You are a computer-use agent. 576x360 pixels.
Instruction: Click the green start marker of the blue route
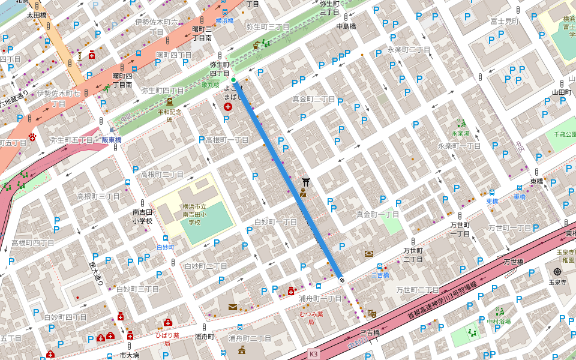click(233, 80)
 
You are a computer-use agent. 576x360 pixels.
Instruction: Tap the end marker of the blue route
click(341, 280)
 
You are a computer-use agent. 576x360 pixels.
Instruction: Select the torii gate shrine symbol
click(306, 181)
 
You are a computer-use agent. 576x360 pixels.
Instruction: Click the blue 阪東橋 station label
click(112, 140)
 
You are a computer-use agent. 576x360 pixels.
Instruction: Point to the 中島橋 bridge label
click(346, 26)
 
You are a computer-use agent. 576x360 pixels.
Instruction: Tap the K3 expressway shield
click(313, 354)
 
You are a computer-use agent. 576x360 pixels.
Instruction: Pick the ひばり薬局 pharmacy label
click(167, 339)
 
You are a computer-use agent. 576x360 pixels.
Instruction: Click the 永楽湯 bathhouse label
click(461, 134)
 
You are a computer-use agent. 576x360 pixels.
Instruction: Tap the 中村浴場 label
click(499, 322)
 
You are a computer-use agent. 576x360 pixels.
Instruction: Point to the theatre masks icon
click(372, 313)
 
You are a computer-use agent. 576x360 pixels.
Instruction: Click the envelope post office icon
click(232, 307)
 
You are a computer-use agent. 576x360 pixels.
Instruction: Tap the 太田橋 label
click(36, 14)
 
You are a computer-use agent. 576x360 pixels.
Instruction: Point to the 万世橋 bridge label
click(514, 262)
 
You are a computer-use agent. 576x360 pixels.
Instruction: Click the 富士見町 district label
click(505, 21)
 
